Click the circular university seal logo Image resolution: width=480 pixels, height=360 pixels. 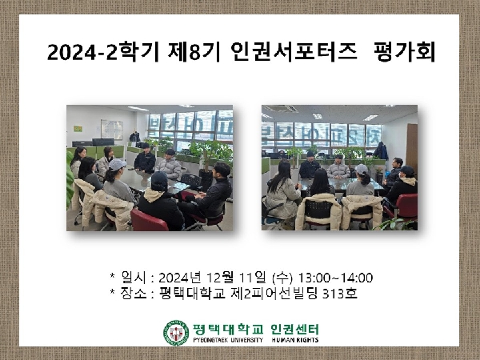(x=176, y=333)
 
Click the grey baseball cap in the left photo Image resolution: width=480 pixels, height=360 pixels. (x=118, y=163)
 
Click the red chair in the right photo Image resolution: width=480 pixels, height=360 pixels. (x=406, y=207)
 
